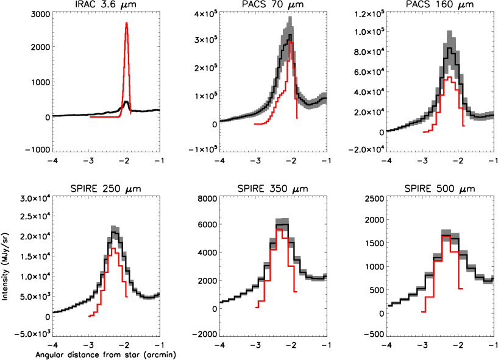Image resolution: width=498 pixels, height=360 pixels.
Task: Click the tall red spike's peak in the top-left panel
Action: tap(126, 24)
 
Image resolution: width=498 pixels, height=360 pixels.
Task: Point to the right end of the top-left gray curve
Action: tap(159, 110)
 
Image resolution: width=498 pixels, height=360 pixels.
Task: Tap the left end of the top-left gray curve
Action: tap(53, 116)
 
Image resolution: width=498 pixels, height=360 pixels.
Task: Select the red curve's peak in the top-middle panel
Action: tap(291, 42)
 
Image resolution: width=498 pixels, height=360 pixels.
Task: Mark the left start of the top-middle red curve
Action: tap(255, 124)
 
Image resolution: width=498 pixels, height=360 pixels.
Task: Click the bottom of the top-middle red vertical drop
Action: tap(297, 118)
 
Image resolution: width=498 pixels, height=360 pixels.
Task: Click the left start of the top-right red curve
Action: tap(424, 131)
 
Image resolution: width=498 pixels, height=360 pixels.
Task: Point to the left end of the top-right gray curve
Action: tap(387, 130)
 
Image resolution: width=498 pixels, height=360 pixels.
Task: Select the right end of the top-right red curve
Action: tap(464, 125)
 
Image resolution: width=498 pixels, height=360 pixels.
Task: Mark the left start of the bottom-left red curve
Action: tap(89, 316)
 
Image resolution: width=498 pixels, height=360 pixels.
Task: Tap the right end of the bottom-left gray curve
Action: tap(159, 294)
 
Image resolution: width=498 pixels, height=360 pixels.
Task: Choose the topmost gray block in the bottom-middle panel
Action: tap(282, 221)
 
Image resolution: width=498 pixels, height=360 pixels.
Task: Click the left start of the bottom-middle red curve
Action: tap(257, 307)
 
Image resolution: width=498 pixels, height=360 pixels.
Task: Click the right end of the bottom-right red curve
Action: tap(463, 288)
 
